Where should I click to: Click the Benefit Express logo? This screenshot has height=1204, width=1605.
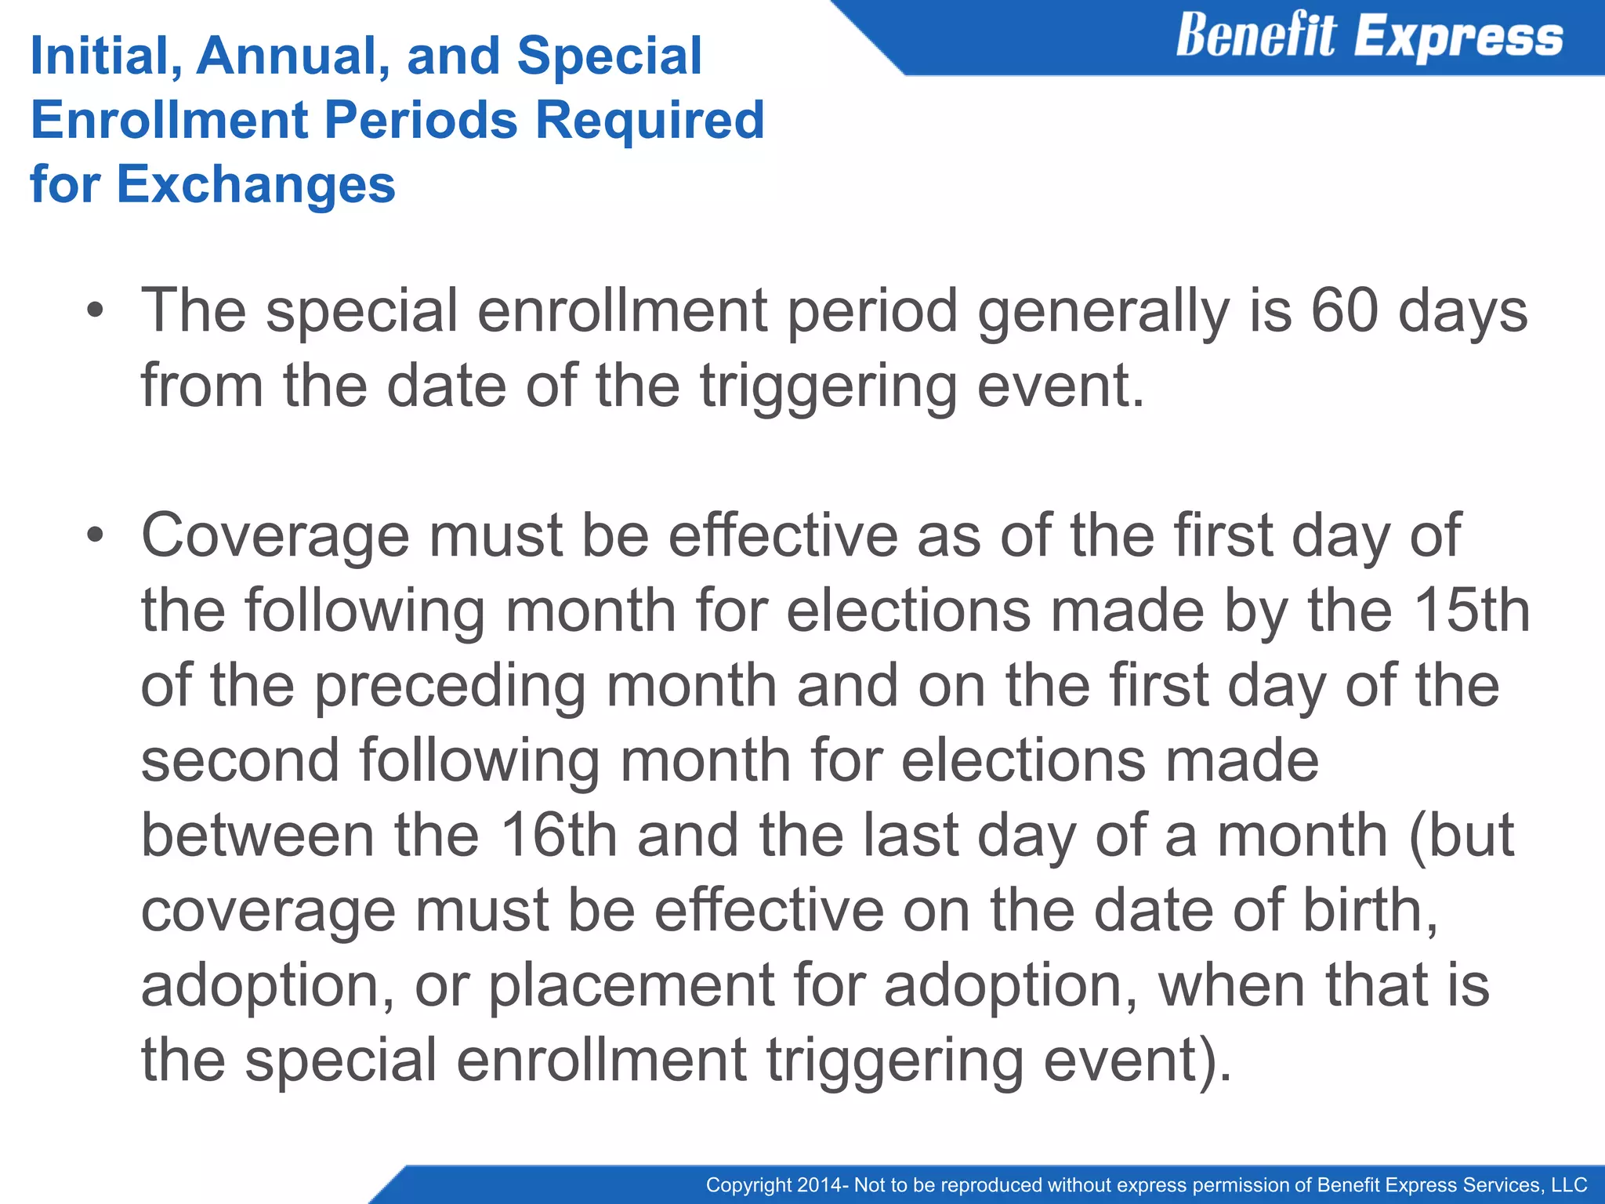tap(1369, 37)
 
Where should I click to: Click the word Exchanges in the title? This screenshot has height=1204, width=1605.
tap(255, 184)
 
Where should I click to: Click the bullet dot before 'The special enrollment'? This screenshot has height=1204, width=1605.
tap(95, 311)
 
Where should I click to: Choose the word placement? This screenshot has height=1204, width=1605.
tap(632, 986)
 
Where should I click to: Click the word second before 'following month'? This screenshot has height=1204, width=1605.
tap(240, 760)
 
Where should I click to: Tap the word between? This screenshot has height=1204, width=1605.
tap(257, 835)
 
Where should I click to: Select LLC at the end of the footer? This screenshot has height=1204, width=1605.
tap(1569, 1185)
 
